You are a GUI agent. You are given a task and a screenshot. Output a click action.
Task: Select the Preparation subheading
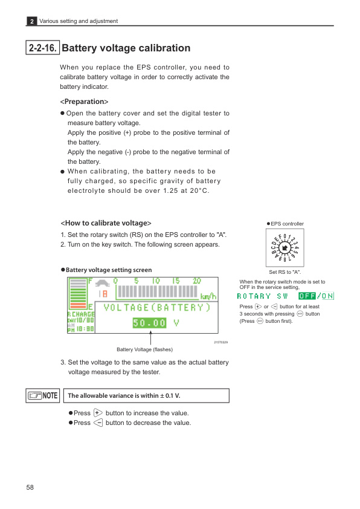click(x=84, y=101)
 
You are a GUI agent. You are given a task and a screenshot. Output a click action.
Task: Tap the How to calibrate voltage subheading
click(x=106, y=223)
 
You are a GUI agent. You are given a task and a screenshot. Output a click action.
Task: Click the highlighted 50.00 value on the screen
click(x=149, y=323)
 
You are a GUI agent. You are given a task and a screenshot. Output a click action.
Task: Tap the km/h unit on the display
click(x=208, y=295)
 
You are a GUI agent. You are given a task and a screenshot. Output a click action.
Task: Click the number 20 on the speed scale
click(x=196, y=281)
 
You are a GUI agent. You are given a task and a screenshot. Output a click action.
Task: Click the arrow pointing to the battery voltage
click(x=150, y=338)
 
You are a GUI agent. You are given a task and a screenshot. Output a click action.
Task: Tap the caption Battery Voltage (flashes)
click(x=144, y=349)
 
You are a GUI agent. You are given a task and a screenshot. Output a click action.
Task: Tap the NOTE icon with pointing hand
click(x=43, y=395)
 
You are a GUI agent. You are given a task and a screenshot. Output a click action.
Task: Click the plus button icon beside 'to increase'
click(x=98, y=413)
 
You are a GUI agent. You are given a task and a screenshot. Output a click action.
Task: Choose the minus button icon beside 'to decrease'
click(x=98, y=423)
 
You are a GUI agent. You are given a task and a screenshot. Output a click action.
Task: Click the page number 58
click(x=30, y=487)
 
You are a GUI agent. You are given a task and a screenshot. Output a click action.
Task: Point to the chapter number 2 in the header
click(x=31, y=21)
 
